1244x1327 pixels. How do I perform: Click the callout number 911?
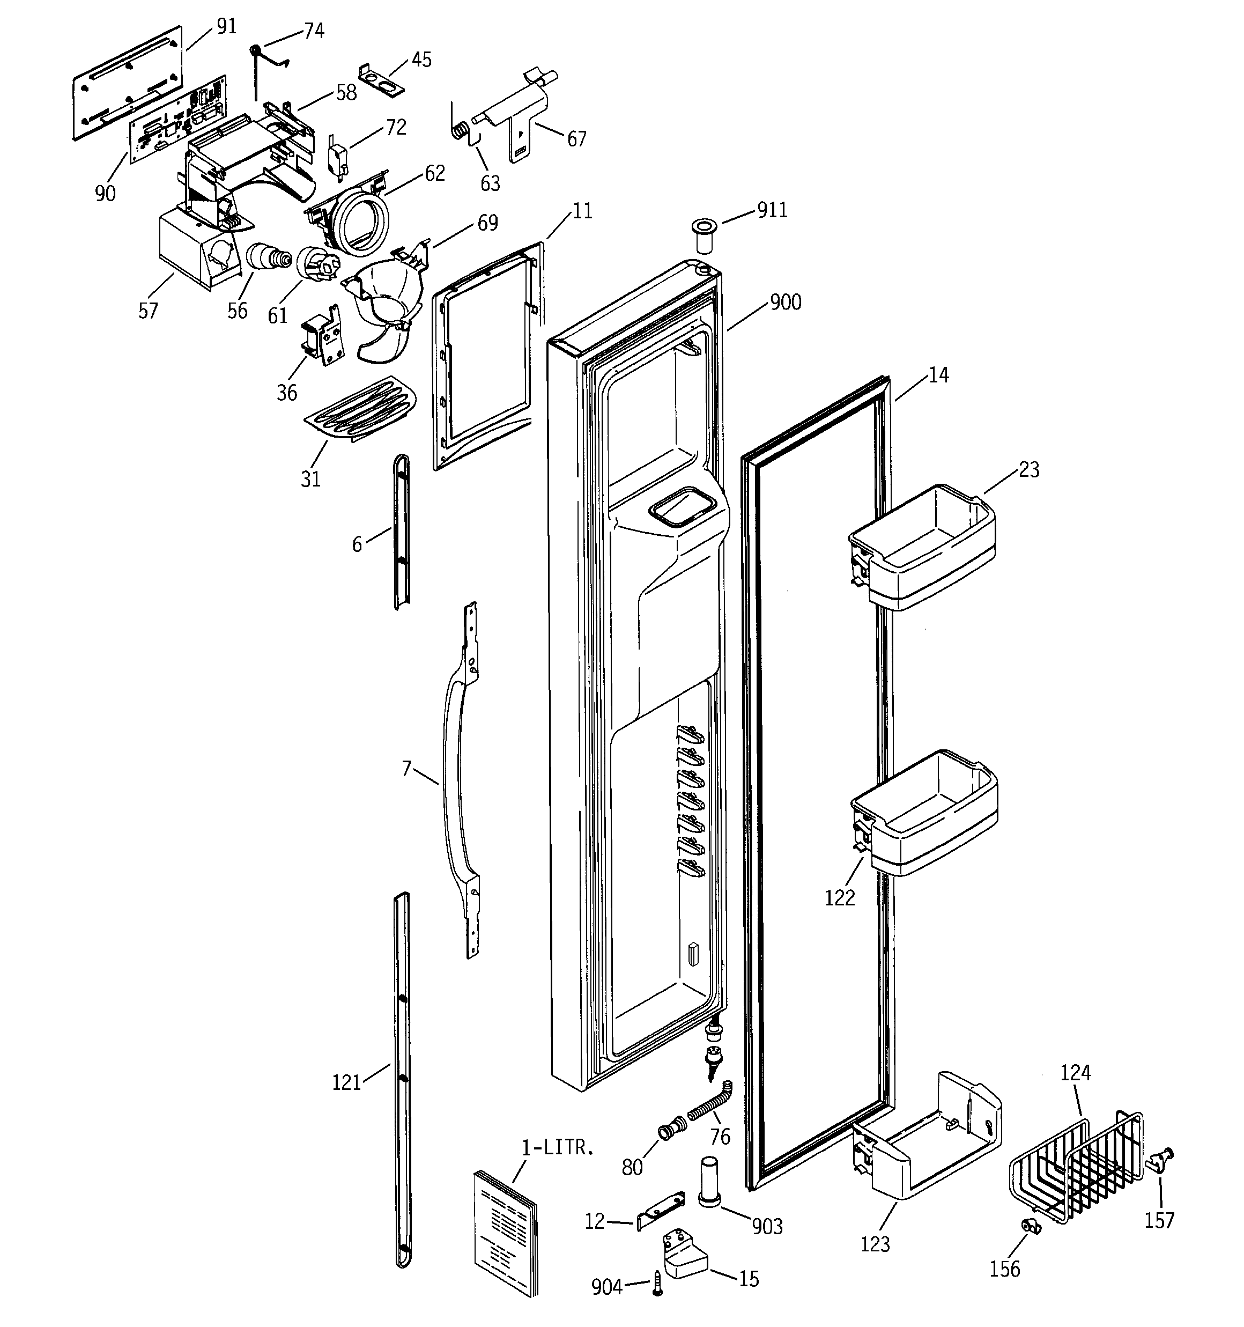(x=772, y=210)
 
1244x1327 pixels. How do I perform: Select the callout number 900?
(x=785, y=303)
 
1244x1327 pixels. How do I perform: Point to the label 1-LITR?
(x=557, y=1147)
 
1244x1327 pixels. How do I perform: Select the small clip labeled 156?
(x=1032, y=1226)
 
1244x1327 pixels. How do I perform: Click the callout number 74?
(x=314, y=31)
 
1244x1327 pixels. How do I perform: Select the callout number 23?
(x=1028, y=469)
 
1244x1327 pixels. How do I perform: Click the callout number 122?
(x=840, y=898)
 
